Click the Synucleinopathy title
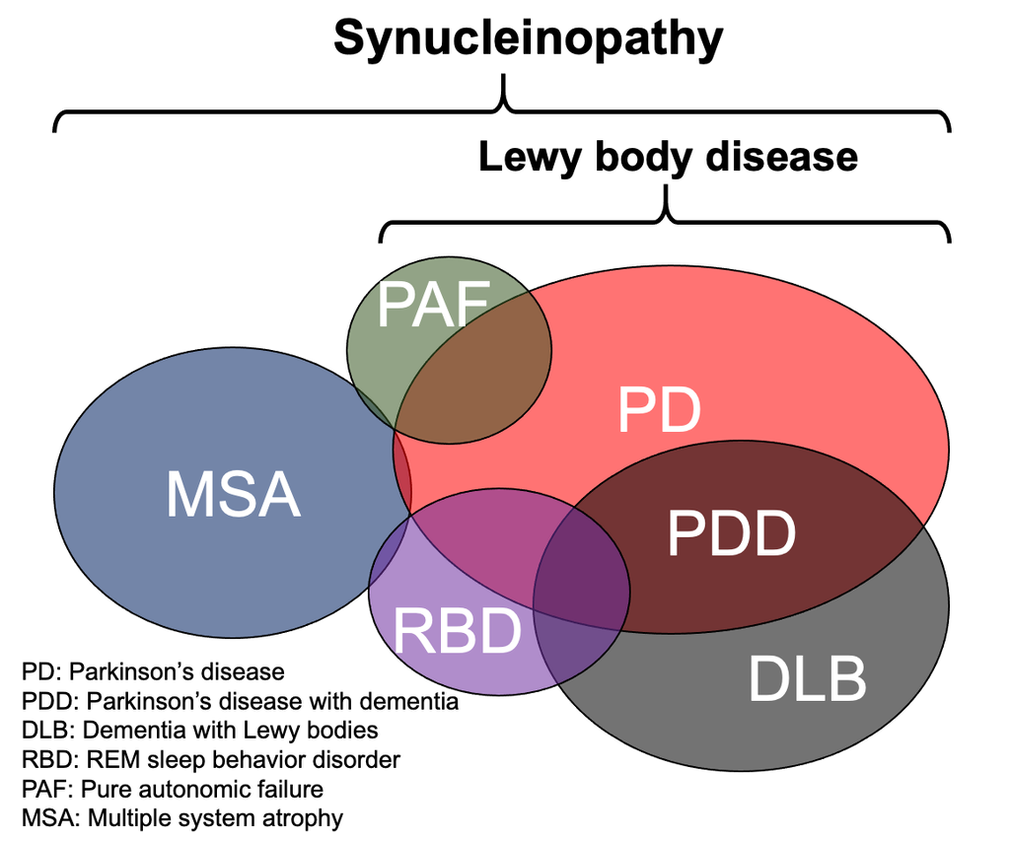click(528, 39)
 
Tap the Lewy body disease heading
click(668, 158)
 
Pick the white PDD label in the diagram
click(731, 533)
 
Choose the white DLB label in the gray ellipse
click(807, 678)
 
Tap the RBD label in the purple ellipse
click(457, 631)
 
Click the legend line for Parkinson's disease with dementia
click(240, 702)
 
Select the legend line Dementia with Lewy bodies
click(199, 731)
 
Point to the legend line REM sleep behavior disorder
click(210, 760)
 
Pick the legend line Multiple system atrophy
click(181, 818)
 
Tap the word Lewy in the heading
click(523, 158)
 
